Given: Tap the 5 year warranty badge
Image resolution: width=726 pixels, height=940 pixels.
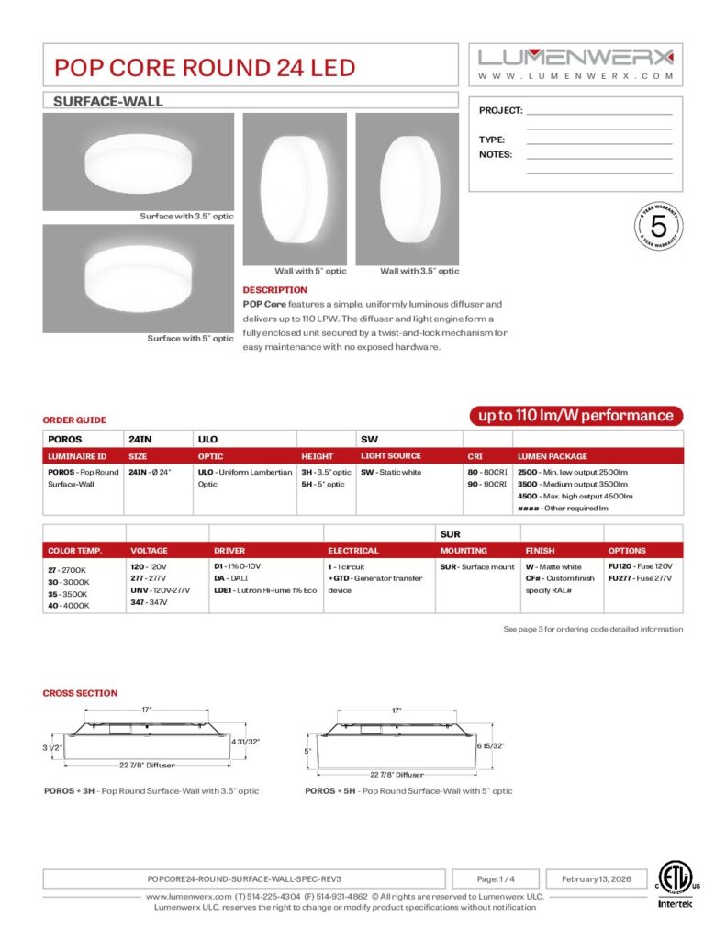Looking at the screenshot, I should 658,226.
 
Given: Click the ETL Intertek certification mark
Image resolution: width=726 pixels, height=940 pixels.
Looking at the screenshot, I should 676,885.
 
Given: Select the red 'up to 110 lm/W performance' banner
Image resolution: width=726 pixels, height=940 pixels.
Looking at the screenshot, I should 576,416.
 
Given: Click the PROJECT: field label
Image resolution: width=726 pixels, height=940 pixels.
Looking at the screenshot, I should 500,110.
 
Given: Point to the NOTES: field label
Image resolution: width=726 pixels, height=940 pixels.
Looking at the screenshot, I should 496,154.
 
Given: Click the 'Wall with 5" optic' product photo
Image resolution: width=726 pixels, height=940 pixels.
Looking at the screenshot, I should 295,188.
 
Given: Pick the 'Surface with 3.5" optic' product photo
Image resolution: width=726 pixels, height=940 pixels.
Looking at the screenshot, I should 138,162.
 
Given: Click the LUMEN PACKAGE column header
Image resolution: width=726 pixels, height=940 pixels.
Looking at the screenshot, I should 553,456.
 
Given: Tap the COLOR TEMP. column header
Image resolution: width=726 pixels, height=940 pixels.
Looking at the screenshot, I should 75,551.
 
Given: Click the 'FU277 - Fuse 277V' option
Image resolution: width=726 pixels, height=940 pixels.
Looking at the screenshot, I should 640,578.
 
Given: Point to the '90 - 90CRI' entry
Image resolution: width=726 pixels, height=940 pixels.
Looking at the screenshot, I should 486,483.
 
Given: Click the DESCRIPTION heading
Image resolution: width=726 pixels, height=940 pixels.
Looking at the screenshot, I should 275,290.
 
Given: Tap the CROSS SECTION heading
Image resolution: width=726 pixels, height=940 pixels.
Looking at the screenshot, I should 81,693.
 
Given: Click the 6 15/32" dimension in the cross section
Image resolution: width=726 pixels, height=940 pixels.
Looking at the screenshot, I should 489,746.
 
